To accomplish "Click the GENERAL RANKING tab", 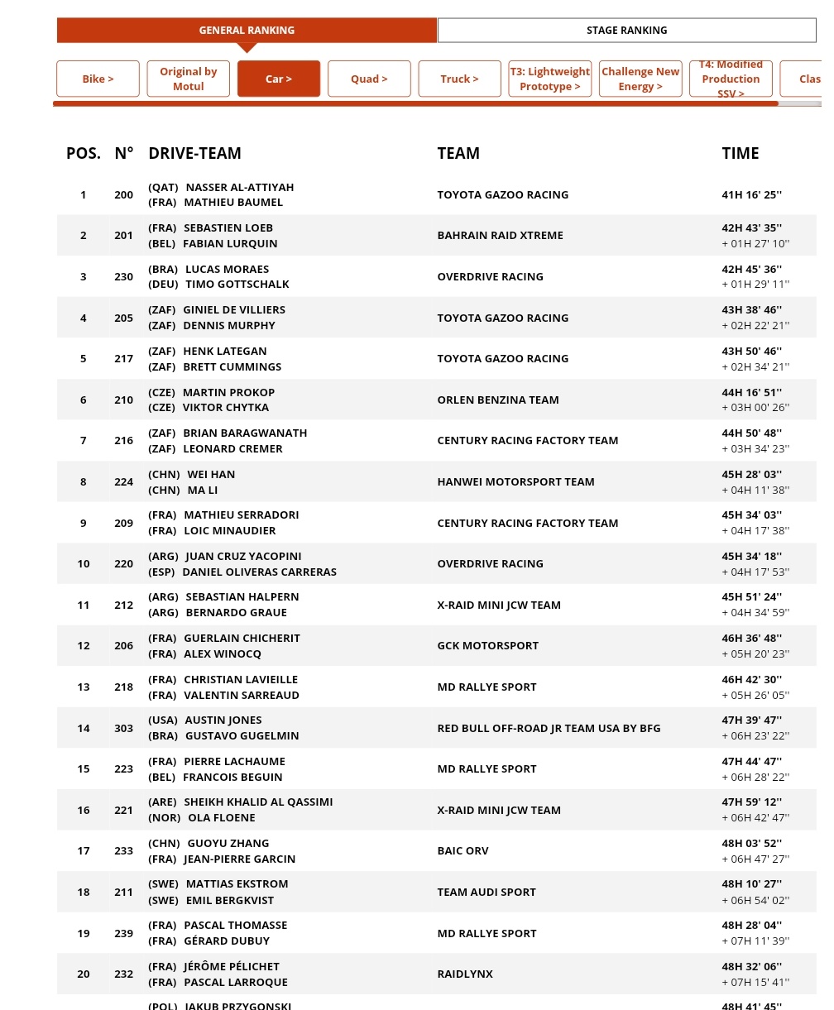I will [x=247, y=31].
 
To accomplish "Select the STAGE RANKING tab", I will [x=626, y=31].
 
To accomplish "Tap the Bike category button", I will [x=98, y=79].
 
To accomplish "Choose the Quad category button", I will [x=369, y=79].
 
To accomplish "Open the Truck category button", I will [x=459, y=79].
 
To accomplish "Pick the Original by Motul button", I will [x=189, y=79].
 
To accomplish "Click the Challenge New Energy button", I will [x=640, y=79].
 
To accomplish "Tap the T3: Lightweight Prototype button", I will [x=550, y=79].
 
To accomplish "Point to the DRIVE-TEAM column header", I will [x=194, y=153].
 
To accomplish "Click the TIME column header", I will [x=740, y=153].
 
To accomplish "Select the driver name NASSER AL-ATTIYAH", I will [x=239, y=188].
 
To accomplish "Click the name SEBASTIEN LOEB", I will [x=228, y=228].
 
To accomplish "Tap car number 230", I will [x=123, y=276].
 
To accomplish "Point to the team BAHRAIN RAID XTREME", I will [x=500, y=236].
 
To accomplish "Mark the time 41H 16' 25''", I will [x=751, y=195].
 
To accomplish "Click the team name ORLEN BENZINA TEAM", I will [x=498, y=400].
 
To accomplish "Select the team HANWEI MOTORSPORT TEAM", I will [x=515, y=481].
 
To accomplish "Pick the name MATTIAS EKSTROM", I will [x=237, y=884].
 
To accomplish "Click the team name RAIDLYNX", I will [x=465, y=974].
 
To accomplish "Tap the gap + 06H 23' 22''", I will [x=755, y=736].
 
